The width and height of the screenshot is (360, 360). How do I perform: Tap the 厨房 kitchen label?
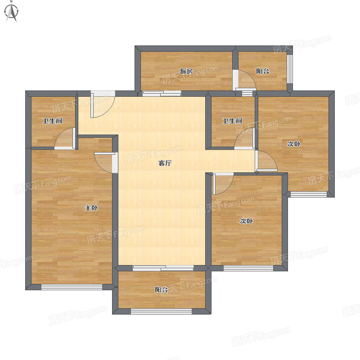[186, 71]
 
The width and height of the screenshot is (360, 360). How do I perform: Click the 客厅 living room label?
[165, 163]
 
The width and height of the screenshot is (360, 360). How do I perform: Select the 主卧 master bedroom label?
[91, 208]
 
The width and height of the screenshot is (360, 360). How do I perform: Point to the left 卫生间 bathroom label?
[53, 121]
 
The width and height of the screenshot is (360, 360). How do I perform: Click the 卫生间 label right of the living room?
[232, 121]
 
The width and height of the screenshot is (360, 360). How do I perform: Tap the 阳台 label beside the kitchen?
[263, 71]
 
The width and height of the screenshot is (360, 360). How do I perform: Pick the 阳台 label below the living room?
[161, 290]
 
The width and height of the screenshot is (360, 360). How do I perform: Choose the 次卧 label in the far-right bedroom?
[294, 144]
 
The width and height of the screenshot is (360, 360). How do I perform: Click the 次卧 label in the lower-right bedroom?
[246, 221]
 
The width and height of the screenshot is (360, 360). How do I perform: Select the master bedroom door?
[105, 162]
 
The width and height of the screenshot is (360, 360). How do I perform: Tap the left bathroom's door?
[65, 138]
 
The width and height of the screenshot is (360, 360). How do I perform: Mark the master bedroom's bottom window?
[72, 287]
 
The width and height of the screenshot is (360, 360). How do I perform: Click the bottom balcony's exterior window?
[161, 311]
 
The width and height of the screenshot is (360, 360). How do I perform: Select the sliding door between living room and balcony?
[163, 268]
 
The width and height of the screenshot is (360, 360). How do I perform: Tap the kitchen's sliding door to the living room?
[162, 94]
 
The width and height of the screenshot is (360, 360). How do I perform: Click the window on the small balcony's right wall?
[290, 69]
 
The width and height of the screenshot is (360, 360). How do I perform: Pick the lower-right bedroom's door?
[223, 184]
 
